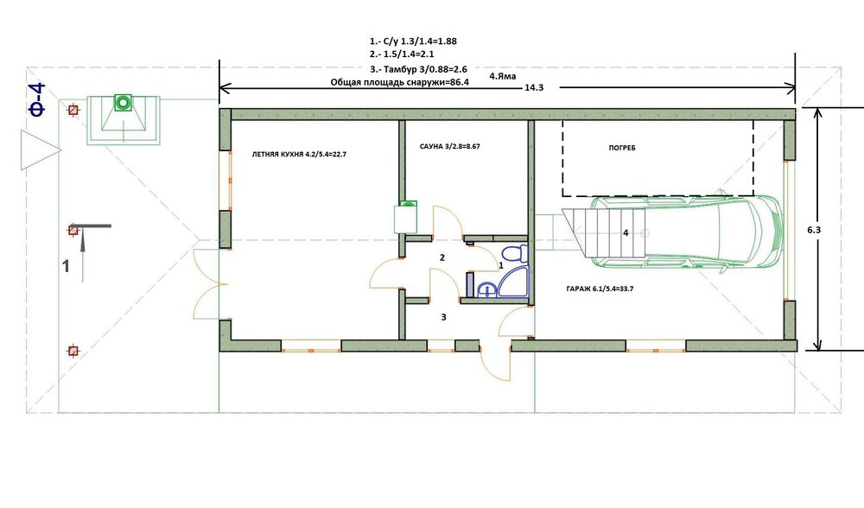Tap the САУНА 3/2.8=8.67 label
click(x=449, y=147)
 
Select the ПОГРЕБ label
click(x=622, y=148)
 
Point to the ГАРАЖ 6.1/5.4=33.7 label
click(x=600, y=289)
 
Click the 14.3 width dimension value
click(x=534, y=87)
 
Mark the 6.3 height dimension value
click(x=814, y=230)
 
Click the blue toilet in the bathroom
click(x=515, y=254)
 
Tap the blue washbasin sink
click(x=486, y=289)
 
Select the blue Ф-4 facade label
click(x=37, y=99)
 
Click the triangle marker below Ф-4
click(x=39, y=149)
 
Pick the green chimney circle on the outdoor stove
click(x=123, y=102)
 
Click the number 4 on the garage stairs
click(x=626, y=233)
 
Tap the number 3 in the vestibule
click(x=443, y=317)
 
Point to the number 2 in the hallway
click(x=442, y=257)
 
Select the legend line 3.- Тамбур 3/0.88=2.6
click(x=419, y=69)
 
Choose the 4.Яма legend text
click(x=503, y=76)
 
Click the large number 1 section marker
click(x=66, y=266)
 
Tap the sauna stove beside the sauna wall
click(x=405, y=217)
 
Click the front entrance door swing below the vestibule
click(x=496, y=364)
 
